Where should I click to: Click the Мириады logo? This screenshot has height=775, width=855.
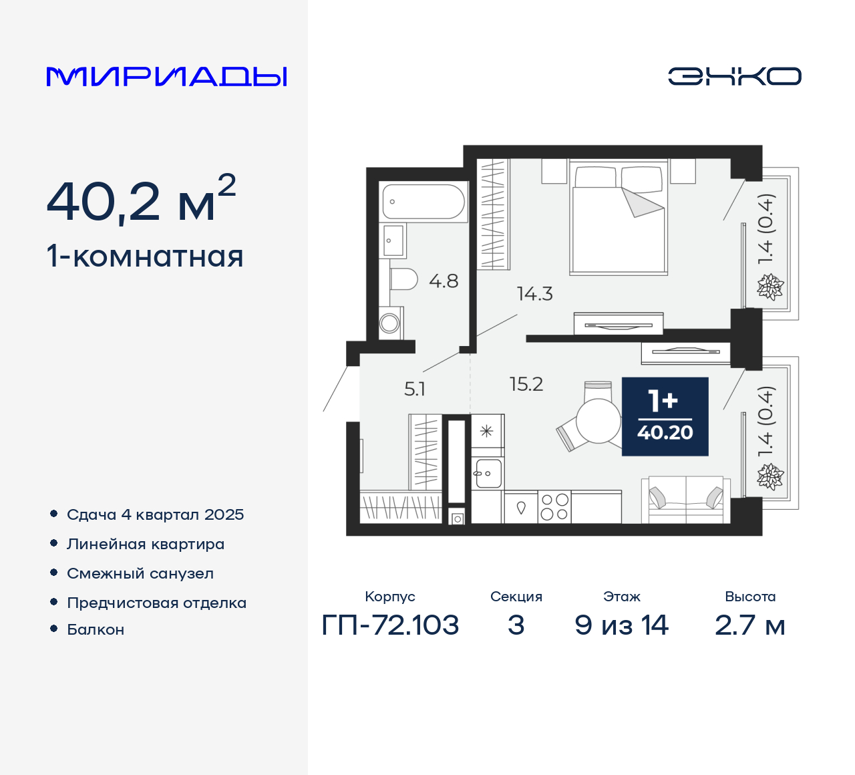click(x=167, y=77)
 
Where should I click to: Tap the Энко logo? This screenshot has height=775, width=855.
click(x=734, y=76)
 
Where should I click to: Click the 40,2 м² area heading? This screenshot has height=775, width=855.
click(x=141, y=200)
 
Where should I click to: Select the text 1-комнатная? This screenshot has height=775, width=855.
click(x=145, y=257)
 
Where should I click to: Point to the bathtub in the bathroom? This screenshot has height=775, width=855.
click(x=423, y=202)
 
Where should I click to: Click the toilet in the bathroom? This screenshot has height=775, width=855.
click(x=403, y=279)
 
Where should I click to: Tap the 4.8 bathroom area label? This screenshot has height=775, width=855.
click(x=444, y=281)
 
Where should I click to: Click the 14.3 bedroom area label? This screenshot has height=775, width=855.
click(x=534, y=294)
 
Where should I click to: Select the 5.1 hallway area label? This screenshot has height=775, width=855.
click(x=414, y=389)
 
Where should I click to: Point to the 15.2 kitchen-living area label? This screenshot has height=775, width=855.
click(x=526, y=384)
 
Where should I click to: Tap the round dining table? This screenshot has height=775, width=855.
click(x=598, y=421)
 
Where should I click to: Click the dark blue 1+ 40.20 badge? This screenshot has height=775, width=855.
click(x=665, y=417)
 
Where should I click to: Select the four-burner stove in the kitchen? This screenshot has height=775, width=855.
click(x=554, y=506)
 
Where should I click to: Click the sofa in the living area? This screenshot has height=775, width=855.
click(x=685, y=500)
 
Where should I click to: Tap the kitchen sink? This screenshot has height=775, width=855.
click(x=488, y=473)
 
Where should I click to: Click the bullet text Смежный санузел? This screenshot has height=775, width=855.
click(x=140, y=573)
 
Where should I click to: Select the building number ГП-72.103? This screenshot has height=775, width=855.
click(x=390, y=625)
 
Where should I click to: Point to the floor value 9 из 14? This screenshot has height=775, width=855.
click(x=621, y=625)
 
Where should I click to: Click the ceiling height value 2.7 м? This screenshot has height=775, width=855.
click(x=749, y=625)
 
